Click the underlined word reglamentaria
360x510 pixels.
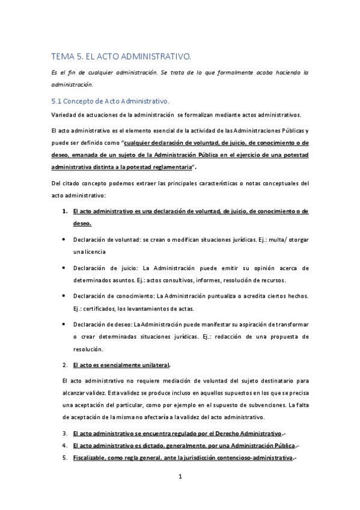[x=170, y=166]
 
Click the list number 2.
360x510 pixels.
[x=64, y=364]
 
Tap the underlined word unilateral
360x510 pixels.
[x=153, y=364]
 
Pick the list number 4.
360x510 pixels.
[x=64, y=445]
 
